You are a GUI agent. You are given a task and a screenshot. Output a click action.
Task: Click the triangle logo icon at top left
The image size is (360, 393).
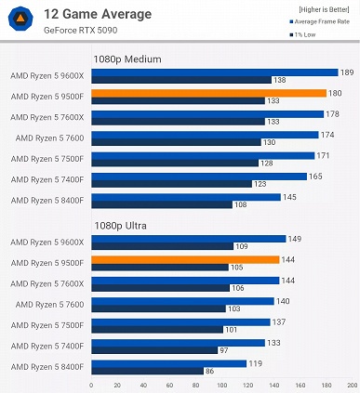(21, 20)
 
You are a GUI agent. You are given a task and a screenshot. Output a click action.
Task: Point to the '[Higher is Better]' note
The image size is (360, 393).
(322, 9)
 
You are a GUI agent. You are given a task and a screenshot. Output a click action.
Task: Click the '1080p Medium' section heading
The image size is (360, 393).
(127, 59)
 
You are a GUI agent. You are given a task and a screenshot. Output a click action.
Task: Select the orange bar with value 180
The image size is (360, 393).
(208, 93)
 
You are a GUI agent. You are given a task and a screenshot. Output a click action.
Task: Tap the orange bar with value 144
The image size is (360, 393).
(185, 259)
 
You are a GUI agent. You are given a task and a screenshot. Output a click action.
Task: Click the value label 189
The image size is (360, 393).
(347, 72)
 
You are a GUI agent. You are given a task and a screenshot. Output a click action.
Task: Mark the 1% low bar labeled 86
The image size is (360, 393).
(147, 370)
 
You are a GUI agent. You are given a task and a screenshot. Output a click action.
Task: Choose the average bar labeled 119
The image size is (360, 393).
(168, 363)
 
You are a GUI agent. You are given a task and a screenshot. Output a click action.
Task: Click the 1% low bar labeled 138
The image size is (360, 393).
(180, 80)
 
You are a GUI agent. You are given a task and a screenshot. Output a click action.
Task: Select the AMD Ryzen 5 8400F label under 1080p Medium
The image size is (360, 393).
(47, 200)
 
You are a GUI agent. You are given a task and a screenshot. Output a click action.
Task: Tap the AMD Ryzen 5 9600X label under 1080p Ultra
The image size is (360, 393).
(47, 242)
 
